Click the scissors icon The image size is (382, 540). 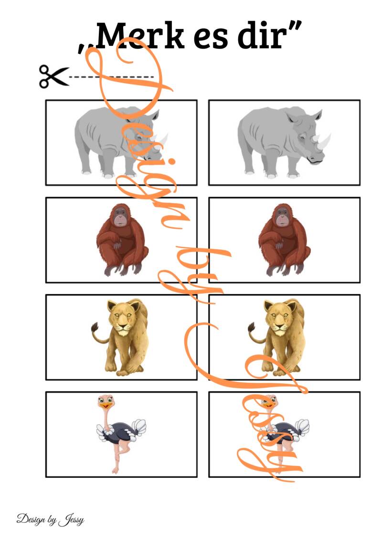(54, 76)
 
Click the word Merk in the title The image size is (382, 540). (140, 36)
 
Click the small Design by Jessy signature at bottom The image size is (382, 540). (50, 519)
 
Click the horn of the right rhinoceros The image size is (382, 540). (324, 141)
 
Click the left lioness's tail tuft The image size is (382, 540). (95, 328)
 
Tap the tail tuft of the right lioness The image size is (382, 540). (252, 328)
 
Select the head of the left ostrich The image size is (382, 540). (106, 402)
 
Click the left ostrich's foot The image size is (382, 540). (115, 470)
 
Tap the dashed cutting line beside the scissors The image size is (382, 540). (112, 77)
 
